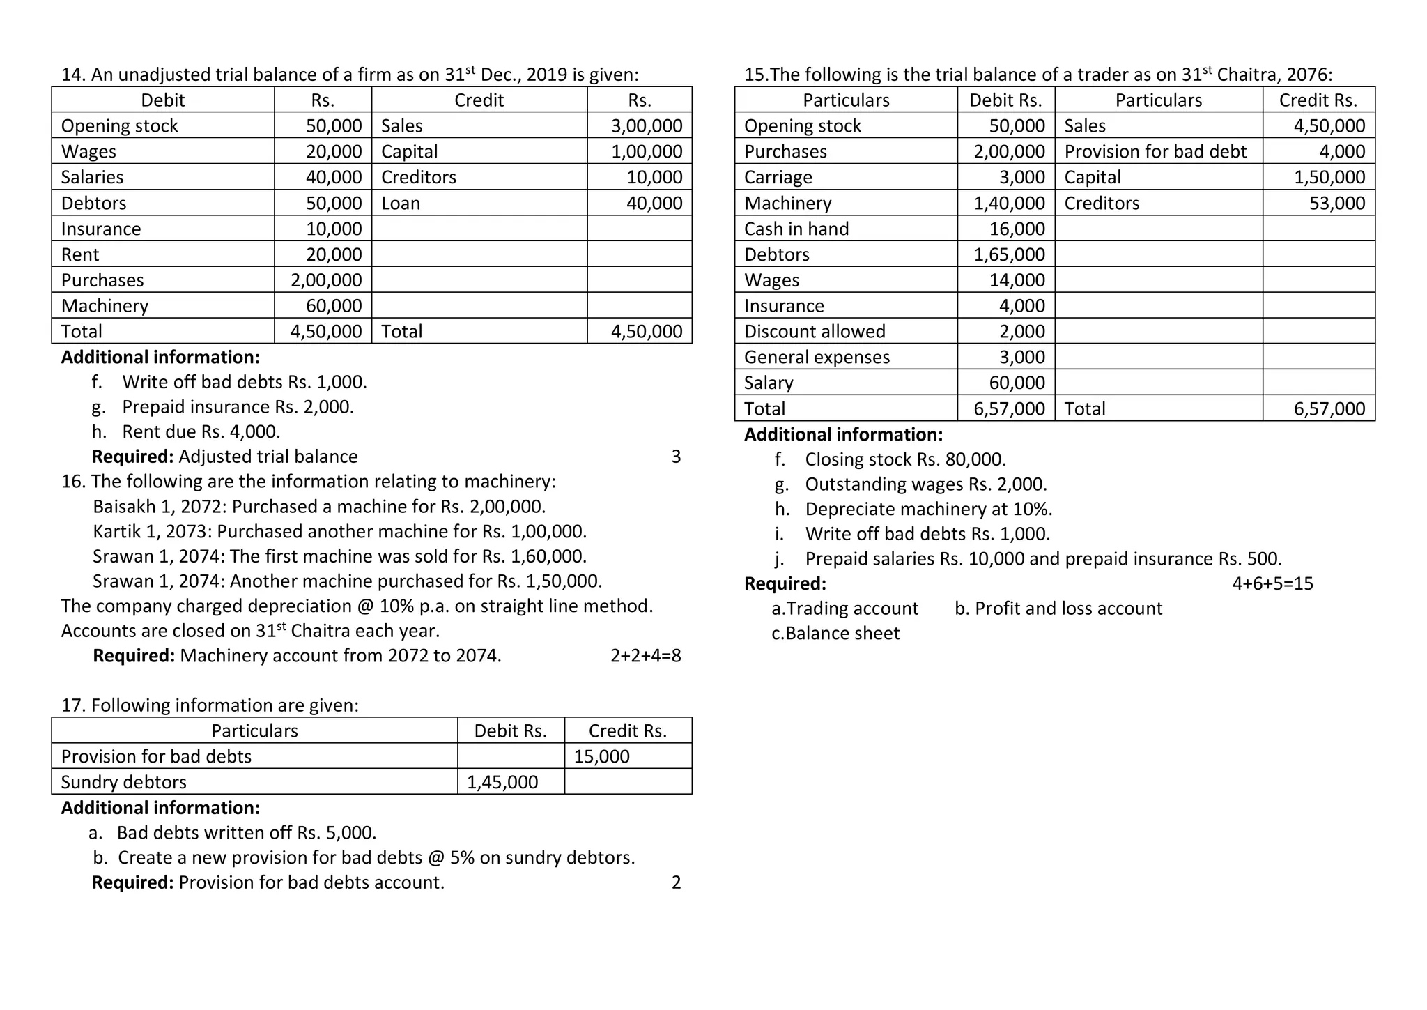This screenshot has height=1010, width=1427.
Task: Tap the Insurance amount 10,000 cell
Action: [334, 229]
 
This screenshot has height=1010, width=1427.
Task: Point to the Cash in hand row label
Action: [796, 229]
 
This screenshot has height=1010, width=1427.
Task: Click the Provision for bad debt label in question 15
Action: [1155, 151]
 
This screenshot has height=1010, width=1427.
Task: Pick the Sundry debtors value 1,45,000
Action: [502, 782]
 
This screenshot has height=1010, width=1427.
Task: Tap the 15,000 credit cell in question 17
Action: [601, 756]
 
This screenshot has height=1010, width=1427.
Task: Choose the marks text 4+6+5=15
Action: [1272, 583]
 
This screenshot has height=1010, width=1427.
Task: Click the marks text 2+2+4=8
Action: [645, 655]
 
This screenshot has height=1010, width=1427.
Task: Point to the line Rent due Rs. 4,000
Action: [201, 431]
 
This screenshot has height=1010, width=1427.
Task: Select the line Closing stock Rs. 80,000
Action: [904, 459]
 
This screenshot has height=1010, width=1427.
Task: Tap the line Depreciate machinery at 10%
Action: [928, 509]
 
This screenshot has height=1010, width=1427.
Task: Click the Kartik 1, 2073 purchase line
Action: [339, 531]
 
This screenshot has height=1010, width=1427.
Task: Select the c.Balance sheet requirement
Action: [835, 633]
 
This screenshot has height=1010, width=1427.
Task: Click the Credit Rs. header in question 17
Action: [627, 730]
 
